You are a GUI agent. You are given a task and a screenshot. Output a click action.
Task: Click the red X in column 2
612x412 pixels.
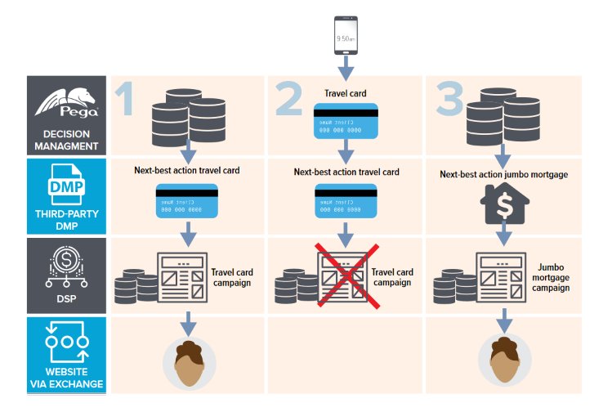click(x=346, y=275)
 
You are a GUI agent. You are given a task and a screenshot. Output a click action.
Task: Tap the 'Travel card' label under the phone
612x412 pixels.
click(x=346, y=92)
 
